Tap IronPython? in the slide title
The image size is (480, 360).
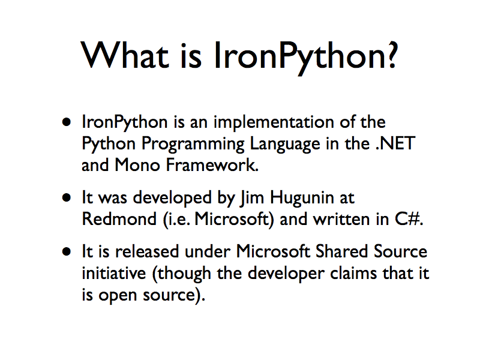pos(305,55)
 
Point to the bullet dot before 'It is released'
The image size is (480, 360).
pos(68,252)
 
